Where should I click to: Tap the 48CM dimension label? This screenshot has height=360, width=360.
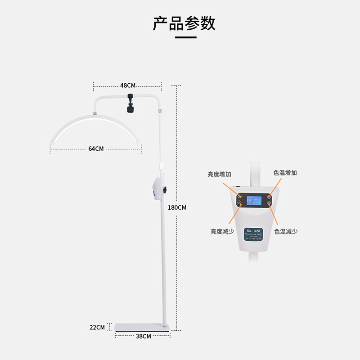pos(128,85)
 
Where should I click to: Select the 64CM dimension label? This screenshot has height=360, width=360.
pos(96,148)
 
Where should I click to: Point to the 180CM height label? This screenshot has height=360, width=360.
pos(177,207)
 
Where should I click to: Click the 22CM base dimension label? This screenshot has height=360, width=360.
pos(97,327)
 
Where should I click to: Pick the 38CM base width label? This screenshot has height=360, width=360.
pos(143,336)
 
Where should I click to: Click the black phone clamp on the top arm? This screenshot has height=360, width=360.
pos(131,103)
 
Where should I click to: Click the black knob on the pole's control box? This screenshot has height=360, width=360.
pos(165,191)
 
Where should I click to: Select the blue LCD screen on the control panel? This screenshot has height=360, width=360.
pos(254,201)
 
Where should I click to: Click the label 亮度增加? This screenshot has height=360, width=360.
pos(219,174)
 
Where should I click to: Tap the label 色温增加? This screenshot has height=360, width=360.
pos(285,173)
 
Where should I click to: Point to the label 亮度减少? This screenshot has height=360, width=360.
pos(222,231)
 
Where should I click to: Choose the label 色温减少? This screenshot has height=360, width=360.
pos(286,231)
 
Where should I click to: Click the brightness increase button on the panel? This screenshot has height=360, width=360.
pos(239,197)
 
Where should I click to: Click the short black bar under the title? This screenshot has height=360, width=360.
pos(185,37)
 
